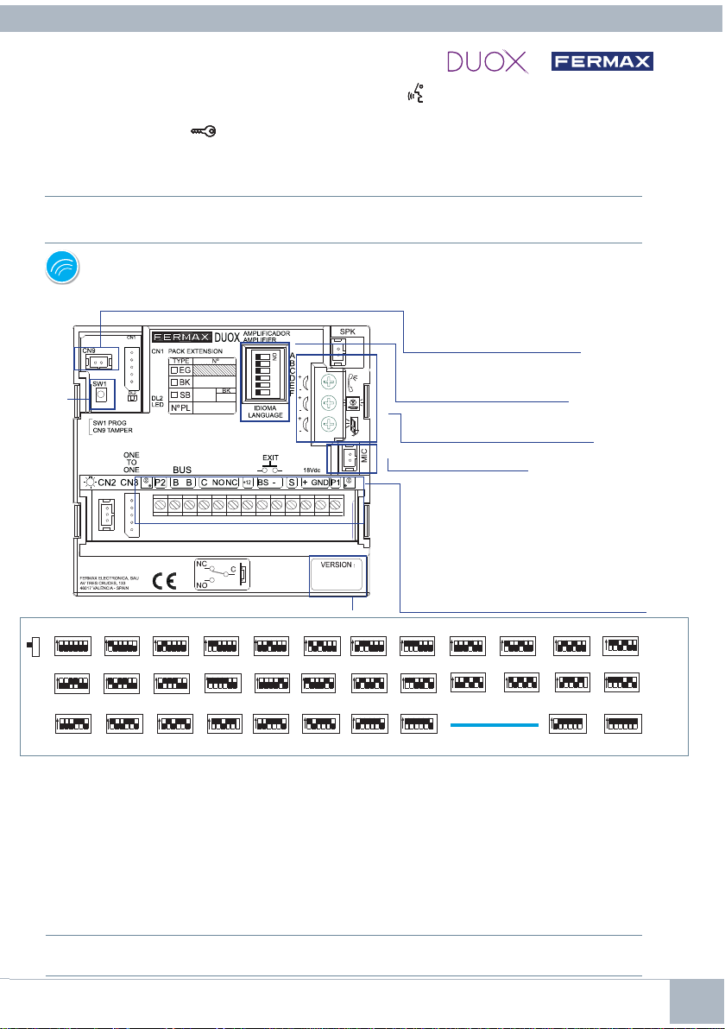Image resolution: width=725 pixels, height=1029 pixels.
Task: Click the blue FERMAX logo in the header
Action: (603, 61)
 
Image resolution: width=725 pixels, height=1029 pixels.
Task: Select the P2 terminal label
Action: (159, 483)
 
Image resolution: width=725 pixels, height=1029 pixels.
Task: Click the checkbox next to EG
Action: (173, 369)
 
